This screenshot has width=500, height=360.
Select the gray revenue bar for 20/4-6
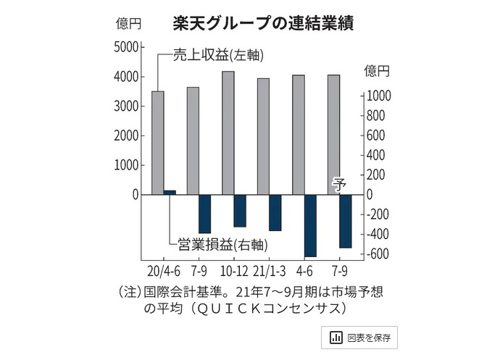[x=157, y=143]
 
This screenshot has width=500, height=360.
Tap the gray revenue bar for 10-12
[x=228, y=133]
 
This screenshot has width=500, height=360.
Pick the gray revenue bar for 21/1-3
[x=263, y=136]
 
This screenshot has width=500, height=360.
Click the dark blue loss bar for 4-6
[x=310, y=225]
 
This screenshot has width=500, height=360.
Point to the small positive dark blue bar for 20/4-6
[x=170, y=192]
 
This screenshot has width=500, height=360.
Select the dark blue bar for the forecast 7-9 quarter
[x=345, y=221]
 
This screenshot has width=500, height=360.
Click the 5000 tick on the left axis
[x=125, y=47]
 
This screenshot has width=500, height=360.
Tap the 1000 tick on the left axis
[x=125, y=165]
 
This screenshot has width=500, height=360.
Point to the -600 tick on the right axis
[x=381, y=254]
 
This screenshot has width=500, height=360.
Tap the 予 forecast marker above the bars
[x=339, y=183]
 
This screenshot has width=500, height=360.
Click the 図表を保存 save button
[x=359, y=338]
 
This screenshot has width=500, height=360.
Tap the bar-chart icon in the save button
[x=336, y=338]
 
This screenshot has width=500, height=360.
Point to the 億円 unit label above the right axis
[x=377, y=71]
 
